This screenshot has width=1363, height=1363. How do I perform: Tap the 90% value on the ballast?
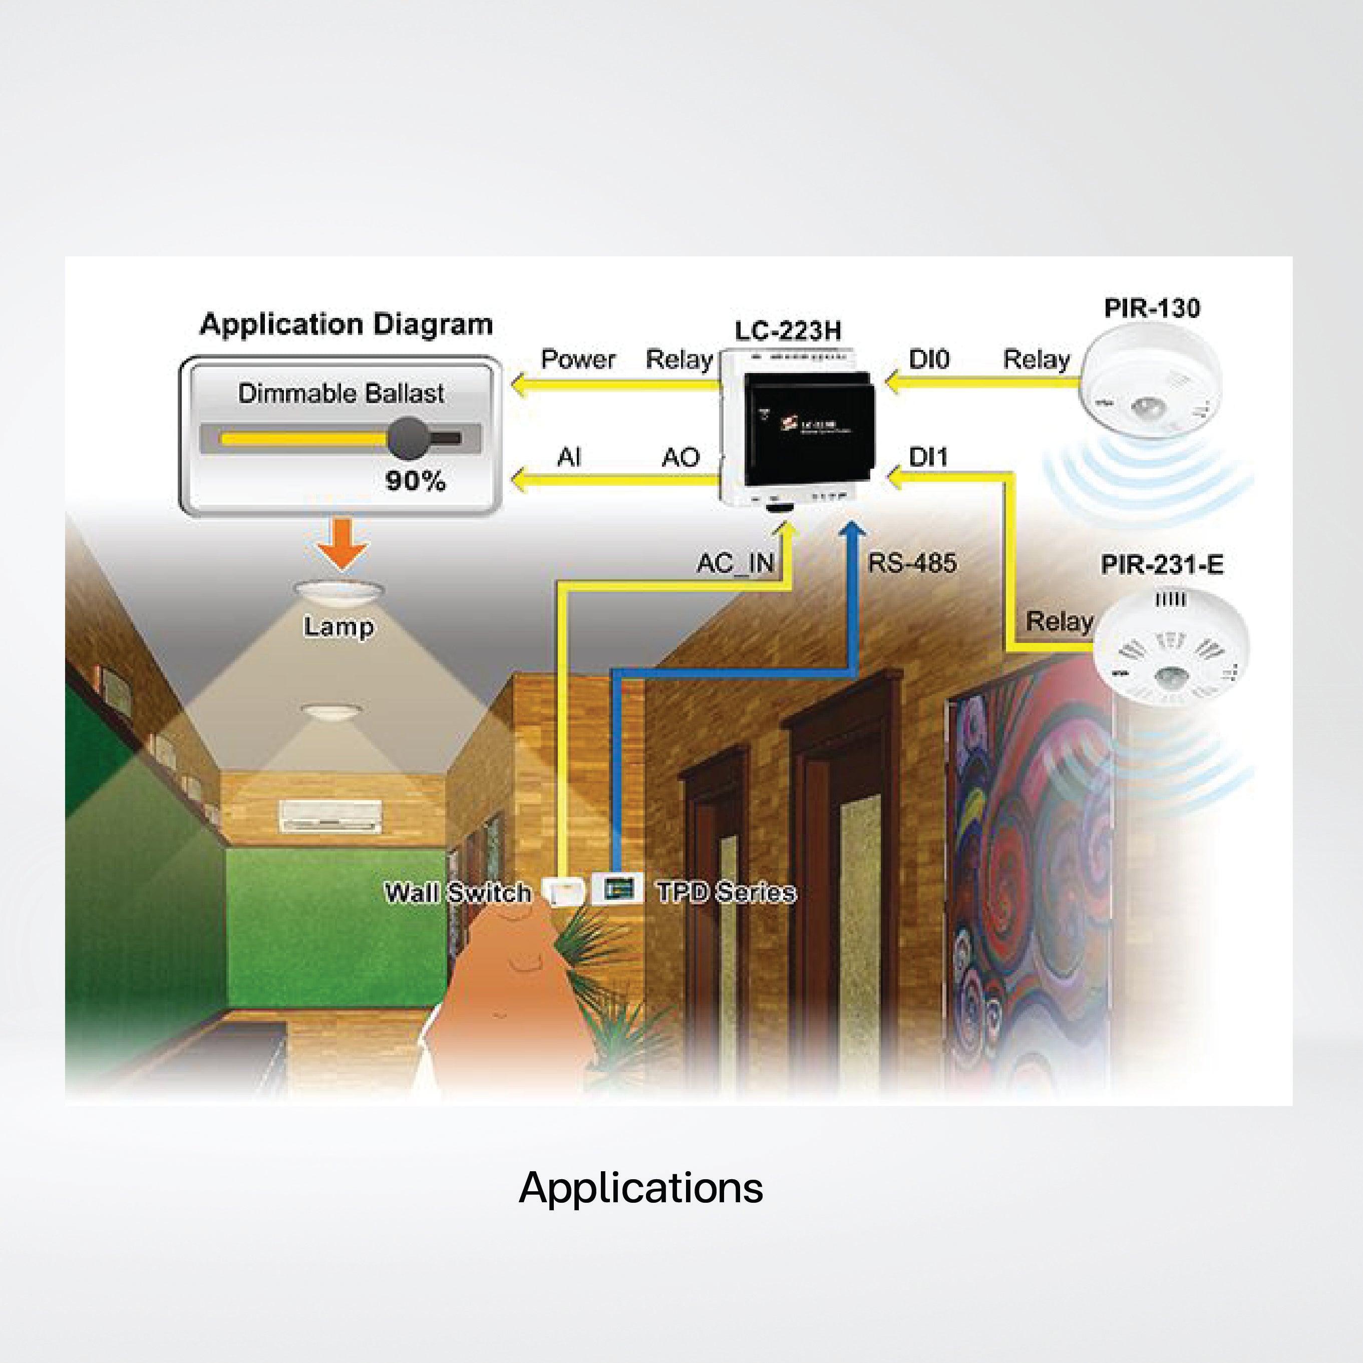[416, 481]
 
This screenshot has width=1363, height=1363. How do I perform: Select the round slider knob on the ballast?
[409, 438]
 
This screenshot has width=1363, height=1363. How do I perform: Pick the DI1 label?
[928, 457]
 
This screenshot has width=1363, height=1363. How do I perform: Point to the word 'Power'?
[578, 360]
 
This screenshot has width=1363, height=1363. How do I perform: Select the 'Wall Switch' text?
[457, 892]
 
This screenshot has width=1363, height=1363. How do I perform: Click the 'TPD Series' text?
[726, 892]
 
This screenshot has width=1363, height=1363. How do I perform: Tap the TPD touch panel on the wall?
[616, 889]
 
